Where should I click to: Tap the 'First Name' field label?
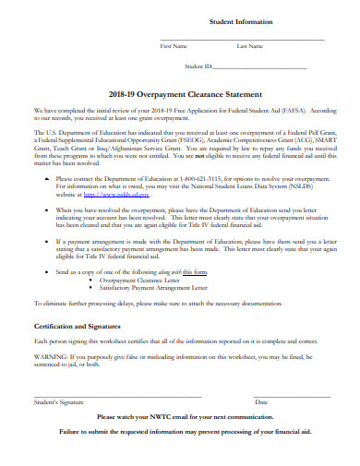[x=174, y=45]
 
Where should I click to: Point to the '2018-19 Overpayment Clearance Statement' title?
[x=186, y=94]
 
